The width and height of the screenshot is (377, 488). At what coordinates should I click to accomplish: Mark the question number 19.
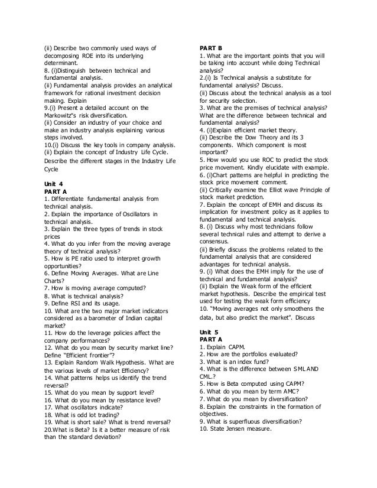[x=48, y=422]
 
